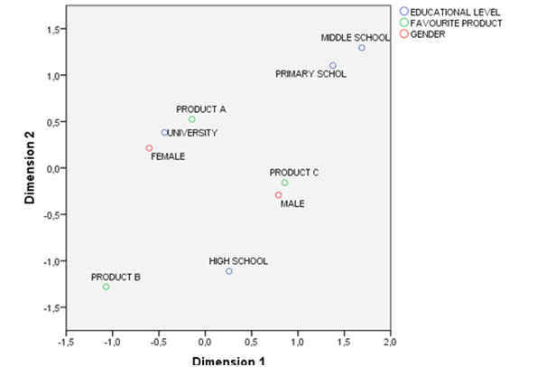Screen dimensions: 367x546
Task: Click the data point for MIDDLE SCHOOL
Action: click(361, 48)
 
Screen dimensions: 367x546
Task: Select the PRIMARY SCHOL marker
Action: click(333, 65)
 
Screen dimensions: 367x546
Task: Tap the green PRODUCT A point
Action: click(192, 119)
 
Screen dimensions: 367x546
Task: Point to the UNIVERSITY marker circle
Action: click(164, 132)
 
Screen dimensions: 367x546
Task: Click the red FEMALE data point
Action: click(149, 148)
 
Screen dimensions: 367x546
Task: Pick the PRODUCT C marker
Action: click(284, 183)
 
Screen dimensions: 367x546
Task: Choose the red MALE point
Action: click(279, 195)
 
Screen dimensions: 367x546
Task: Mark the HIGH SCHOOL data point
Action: click(229, 271)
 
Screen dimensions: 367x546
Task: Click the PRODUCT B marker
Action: click(106, 287)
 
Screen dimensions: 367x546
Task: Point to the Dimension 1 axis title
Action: click(228, 361)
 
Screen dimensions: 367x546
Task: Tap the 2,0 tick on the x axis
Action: click(391, 344)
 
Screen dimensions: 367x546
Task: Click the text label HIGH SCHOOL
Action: click(238, 261)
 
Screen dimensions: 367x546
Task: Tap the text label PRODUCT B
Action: click(116, 278)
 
